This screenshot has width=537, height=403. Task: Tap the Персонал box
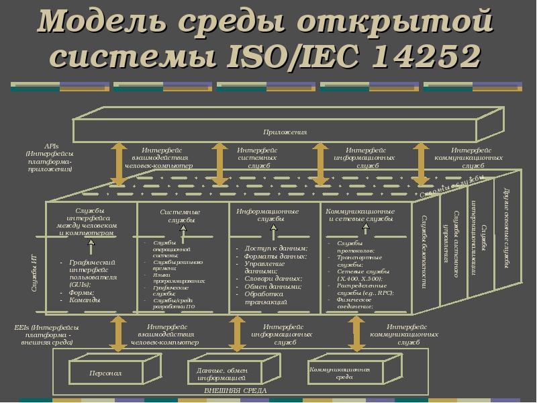(105, 373)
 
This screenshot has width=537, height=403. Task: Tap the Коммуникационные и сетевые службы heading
(361, 215)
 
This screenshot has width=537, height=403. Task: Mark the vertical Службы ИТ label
(33, 272)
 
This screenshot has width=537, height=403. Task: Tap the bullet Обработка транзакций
(266, 298)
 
